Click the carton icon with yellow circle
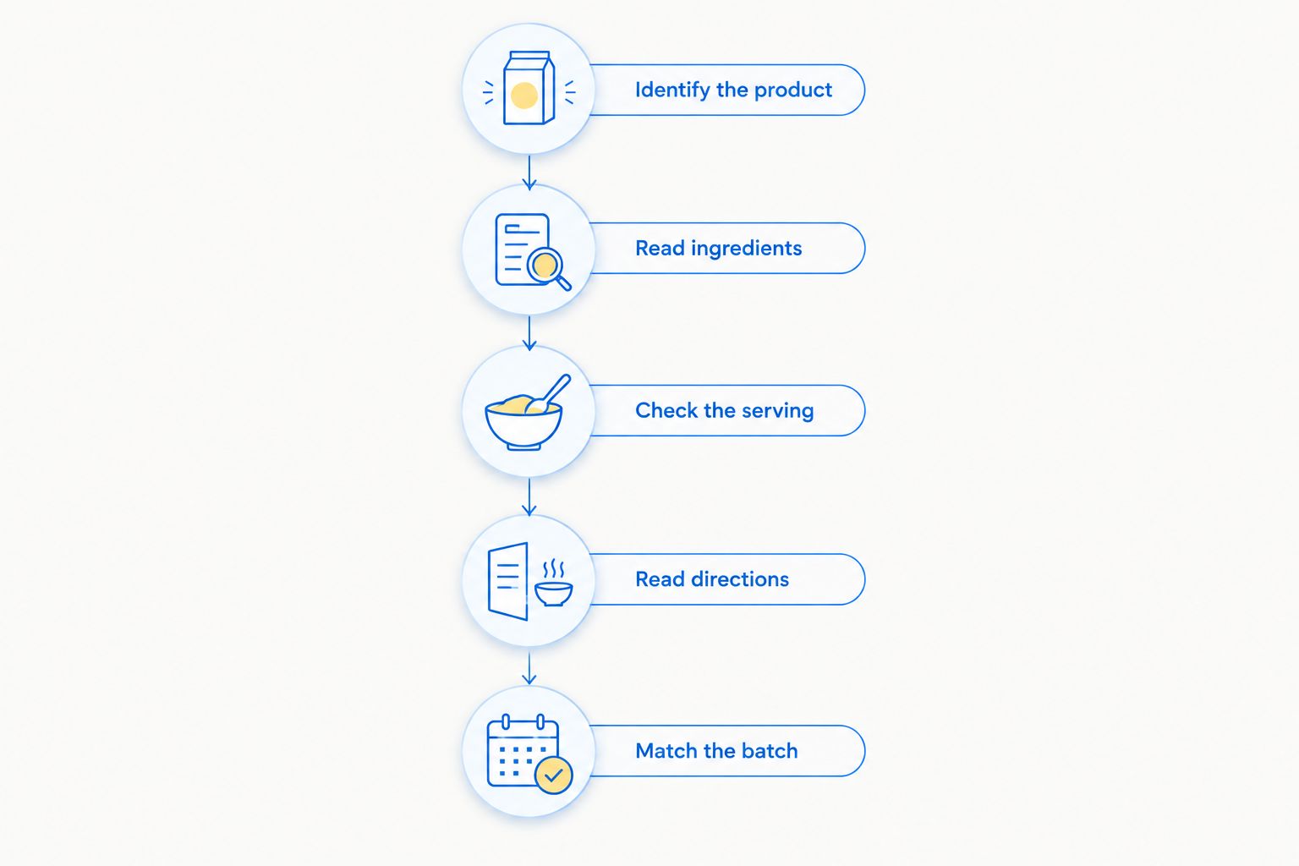529,88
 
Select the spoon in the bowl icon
548,394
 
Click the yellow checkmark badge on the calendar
553,775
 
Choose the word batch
770,751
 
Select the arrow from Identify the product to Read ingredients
529,173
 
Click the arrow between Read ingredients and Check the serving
529,333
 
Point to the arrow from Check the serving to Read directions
529,497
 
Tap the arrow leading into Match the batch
529,668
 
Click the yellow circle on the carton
523,95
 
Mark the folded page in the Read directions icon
508,581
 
